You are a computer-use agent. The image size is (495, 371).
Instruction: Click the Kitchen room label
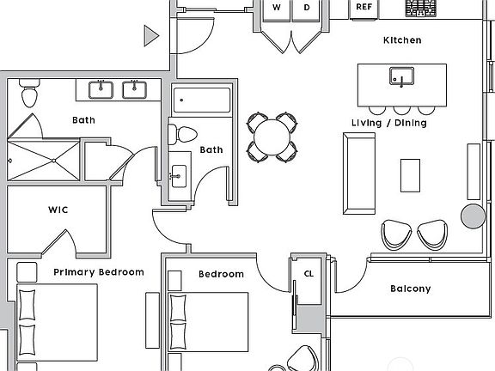tap(402, 40)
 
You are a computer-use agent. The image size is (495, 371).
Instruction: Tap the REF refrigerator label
tap(364, 7)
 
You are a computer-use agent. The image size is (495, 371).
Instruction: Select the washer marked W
tap(276, 9)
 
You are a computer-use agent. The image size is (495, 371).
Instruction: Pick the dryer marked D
tap(306, 9)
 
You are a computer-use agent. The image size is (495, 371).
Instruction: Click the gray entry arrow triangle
tap(150, 36)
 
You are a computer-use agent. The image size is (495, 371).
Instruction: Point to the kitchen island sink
tap(401, 76)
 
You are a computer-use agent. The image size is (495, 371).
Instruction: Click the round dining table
tap(272, 137)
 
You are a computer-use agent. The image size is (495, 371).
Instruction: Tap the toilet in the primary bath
tap(29, 93)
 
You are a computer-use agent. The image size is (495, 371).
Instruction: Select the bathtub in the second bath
tap(202, 100)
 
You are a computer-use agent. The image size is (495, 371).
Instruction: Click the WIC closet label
tap(58, 210)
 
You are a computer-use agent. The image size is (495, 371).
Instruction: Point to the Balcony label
tap(411, 289)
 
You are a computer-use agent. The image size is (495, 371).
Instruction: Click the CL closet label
tap(309, 273)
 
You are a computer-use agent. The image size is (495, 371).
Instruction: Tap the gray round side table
tap(473, 216)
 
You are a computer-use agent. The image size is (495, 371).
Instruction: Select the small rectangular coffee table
tap(410, 175)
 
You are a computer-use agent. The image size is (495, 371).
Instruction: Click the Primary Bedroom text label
tap(99, 272)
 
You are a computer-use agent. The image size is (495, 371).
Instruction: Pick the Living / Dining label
tap(389, 123)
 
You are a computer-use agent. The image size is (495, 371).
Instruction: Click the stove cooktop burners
tap(420, 9)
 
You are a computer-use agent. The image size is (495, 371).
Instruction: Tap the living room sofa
tap(359, 173)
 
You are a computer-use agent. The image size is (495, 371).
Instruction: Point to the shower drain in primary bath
tap(53, 161)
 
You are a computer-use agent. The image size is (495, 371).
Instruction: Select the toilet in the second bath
tap(183, 135)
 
